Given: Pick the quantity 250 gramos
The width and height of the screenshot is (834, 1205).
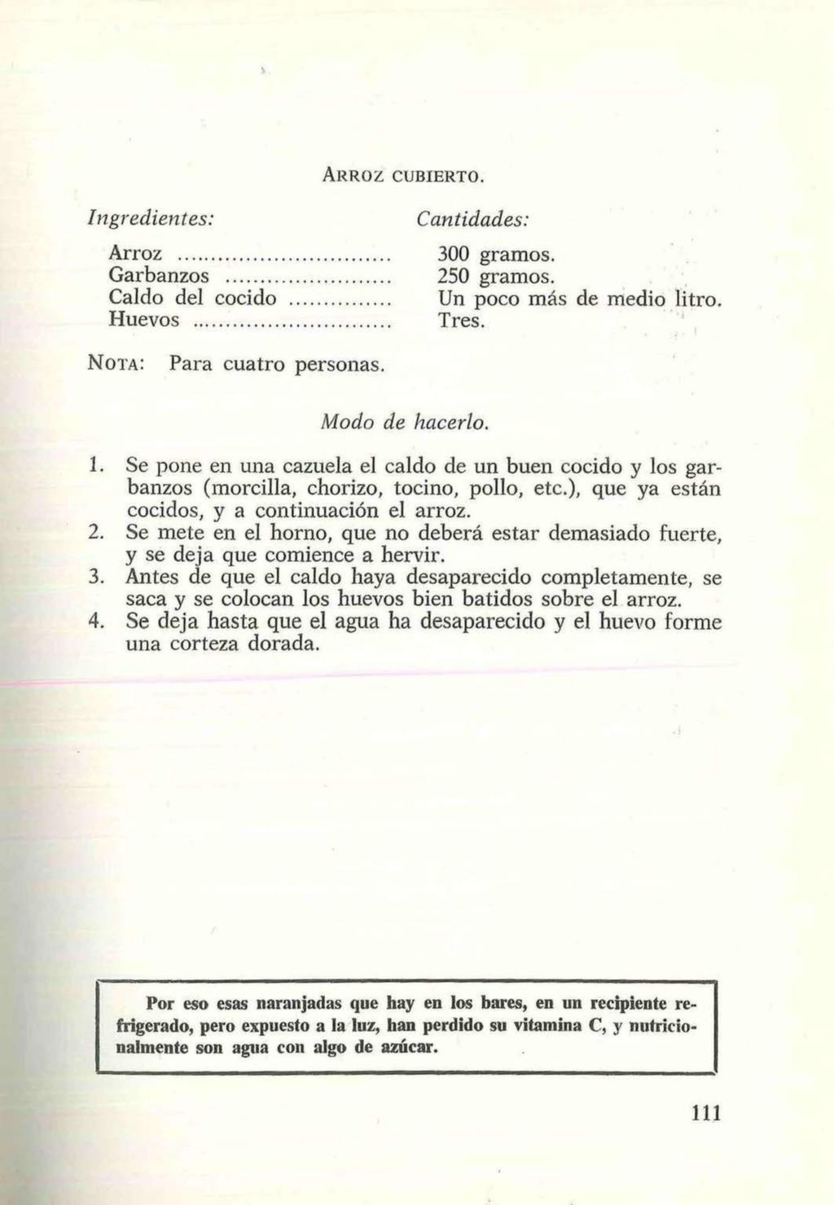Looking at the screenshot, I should (496, 275).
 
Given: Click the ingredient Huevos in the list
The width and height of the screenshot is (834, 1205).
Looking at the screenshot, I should (143, 319).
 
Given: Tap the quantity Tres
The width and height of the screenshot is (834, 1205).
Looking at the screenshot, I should (462, 320).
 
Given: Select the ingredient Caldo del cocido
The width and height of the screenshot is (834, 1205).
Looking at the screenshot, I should (193, 297).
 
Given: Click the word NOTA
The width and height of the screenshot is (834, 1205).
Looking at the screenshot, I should (116, 363).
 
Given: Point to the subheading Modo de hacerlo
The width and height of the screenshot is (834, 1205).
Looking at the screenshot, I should (405, 423).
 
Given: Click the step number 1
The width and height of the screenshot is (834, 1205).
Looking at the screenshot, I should (94, 467).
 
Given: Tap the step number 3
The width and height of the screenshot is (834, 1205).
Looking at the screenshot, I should (94, 578).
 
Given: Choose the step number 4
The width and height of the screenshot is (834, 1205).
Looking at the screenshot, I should (95, 622).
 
